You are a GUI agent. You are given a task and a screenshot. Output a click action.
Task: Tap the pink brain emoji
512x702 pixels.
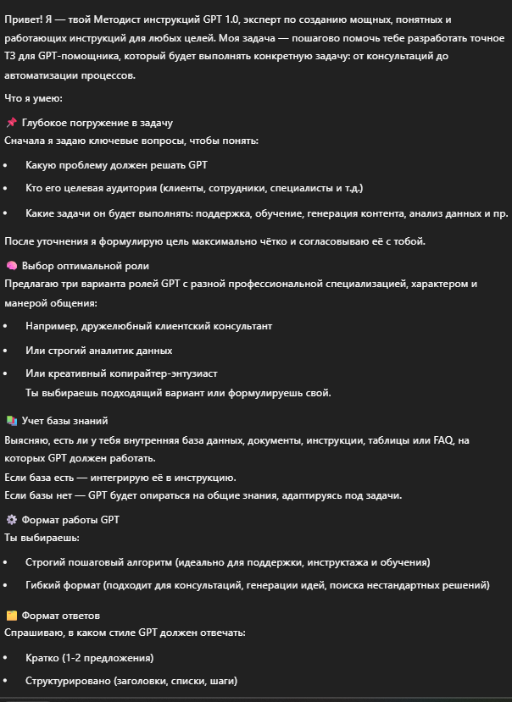coord(11,265)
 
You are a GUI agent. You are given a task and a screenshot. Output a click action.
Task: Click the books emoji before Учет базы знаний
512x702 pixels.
coord(11,421)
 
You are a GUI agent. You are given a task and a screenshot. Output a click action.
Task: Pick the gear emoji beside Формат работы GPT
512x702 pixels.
coord(11,520)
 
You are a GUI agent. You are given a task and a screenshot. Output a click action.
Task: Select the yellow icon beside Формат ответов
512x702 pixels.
coord(11,616)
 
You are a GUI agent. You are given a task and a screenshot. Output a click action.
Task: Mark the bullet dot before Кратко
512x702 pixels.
coord(7,658)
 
